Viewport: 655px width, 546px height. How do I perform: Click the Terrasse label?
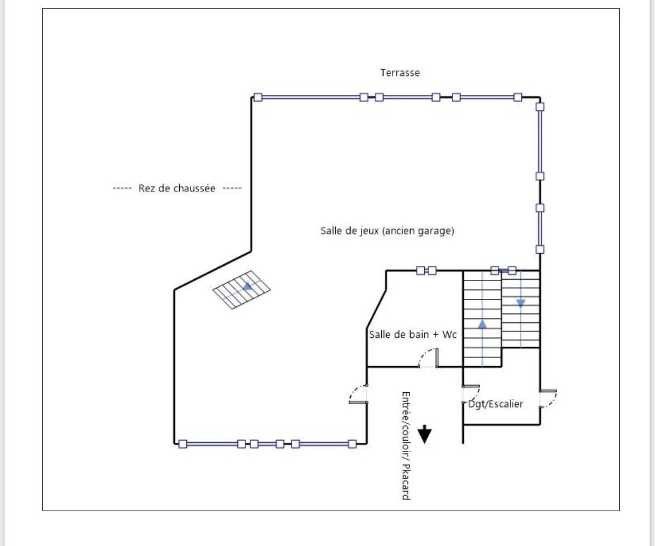coord(400,72)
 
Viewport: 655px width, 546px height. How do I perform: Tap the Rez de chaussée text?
coord(177,189)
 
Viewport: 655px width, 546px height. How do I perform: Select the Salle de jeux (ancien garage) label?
coord(387,231)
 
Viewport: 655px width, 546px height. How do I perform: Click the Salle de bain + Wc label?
coord(413,335)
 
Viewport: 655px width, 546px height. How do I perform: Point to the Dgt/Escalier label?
coord(495,404)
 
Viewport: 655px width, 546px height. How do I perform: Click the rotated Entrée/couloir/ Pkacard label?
coord(405,445)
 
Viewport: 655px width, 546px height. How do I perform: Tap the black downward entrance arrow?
coord(424,435)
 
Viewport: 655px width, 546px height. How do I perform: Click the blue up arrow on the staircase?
coord(482,324)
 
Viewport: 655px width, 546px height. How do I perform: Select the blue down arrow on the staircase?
coord(521,303)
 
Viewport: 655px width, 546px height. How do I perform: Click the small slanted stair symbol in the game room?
coord(243,290)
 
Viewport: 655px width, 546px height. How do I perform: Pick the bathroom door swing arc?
coord(428,357)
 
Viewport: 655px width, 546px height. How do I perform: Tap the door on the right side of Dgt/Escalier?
coord(549,399)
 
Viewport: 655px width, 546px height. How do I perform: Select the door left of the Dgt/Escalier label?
coord(470,394)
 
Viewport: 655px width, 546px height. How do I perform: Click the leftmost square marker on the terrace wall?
coord(258,97)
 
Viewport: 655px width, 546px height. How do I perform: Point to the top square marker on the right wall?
coord(540,106)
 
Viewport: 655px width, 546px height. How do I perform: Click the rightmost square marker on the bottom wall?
coord(352,444)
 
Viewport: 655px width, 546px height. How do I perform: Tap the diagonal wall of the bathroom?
coord(377,320)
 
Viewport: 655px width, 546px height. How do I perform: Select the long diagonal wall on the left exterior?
coord(212,271)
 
